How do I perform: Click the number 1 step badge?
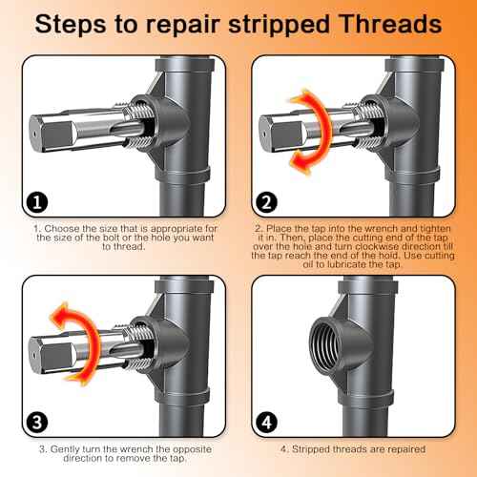point(35,202)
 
